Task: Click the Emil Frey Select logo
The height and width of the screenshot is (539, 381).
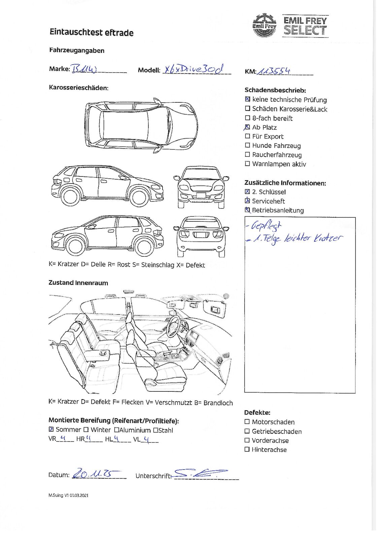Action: tap(290, 25)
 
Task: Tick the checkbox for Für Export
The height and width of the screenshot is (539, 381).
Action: tap(248, 136)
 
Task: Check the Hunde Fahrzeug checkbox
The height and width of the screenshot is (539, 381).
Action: tap(248, 146)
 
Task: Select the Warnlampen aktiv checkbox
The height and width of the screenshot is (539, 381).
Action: tap(248, 164)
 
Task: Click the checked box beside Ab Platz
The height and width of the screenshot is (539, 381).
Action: tap(248, 127)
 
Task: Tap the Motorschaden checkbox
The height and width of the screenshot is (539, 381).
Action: tap(247, 422)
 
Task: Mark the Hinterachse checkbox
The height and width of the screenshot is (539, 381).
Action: tap(247, 449)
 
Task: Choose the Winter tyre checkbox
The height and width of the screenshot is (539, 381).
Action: tap(86, 430)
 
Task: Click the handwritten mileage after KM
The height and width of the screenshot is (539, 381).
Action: tap(273, 71)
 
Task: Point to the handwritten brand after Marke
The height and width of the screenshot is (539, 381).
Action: tap(84, 69)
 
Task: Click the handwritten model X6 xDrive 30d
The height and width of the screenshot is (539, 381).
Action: tap(193, 69)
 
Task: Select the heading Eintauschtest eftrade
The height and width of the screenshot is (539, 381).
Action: tap(92, 33)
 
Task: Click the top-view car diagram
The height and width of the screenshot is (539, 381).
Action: tap(141, 126)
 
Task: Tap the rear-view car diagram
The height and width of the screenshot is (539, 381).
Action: tap(201, 236)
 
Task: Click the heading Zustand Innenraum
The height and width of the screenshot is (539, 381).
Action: tap(78, 283)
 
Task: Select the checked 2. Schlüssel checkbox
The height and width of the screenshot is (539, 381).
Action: tap(248, 192)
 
